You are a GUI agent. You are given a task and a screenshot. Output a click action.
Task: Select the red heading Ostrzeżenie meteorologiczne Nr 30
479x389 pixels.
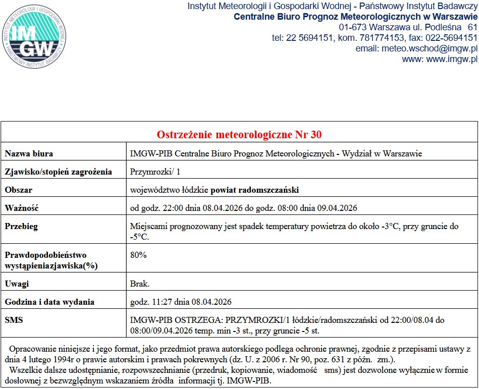click(239, 135)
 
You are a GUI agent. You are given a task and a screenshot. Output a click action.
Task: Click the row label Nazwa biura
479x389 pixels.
click(29, 153)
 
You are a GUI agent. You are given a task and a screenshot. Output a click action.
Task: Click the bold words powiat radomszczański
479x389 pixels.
click(254, 190)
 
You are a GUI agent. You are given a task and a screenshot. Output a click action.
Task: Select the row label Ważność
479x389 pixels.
click(22, 208)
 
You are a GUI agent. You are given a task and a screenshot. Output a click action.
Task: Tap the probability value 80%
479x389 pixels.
click(138, 255)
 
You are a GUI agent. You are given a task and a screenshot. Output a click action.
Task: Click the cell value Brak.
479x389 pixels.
click(140, 284)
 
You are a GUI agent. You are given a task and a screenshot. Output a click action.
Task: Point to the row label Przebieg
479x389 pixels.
click(21, 227)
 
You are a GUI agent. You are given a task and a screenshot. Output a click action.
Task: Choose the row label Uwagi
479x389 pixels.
click(17, 284)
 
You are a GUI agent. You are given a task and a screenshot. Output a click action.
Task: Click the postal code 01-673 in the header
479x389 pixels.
click(353, 27)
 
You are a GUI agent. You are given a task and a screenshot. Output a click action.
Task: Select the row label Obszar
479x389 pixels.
click(19, 190)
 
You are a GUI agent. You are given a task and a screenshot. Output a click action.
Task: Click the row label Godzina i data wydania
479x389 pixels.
click(49, 302)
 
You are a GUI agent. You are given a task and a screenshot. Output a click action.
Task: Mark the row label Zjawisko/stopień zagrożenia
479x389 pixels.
click(58, 172)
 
